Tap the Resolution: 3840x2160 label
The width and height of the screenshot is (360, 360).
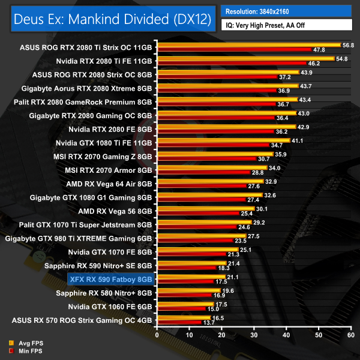pos(263,11)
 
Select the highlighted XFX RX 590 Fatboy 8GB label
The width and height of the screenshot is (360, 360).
pos(111,279)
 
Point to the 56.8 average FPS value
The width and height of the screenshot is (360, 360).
pos(348,44)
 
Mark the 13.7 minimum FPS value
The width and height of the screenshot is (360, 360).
pos(208,323)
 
